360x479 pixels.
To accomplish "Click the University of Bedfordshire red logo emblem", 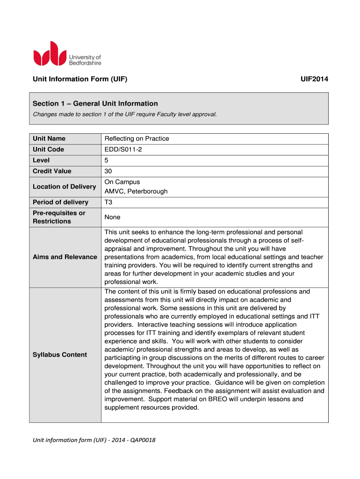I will coord(49,54).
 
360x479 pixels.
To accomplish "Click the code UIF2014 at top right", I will coord(314,80).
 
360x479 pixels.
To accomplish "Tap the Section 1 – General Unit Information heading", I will coord(95,103).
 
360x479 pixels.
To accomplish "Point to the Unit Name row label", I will coord(49,138).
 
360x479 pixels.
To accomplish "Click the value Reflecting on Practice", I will coord(137,138).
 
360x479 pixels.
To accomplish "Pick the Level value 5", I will coord(107,160).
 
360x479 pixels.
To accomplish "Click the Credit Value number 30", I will coord(108,171).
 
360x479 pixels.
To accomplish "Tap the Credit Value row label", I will coord(52,171).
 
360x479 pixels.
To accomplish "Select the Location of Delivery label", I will coord(64,187).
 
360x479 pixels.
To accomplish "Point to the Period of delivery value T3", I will coord(109,202).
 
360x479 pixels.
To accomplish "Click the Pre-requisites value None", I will coord(113,217).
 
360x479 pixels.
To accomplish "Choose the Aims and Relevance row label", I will coord(65,257).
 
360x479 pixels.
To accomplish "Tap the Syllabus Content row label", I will coord(60,355).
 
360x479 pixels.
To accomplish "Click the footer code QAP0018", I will coord(142,440).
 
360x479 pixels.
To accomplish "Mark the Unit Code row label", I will coord(49,149).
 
